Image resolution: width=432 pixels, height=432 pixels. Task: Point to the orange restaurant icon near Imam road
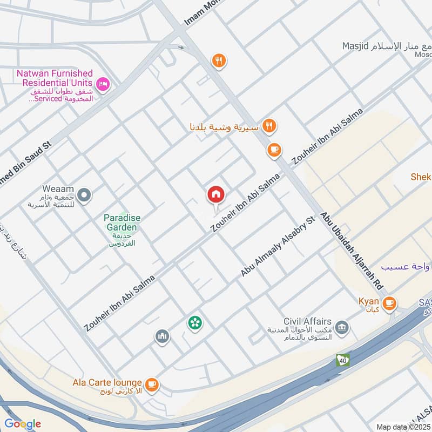tap(218, 60)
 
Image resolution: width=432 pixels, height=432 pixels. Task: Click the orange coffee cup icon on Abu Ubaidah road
tap(274, 150)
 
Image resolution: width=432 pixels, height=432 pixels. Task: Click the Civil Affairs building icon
tap(341, 327)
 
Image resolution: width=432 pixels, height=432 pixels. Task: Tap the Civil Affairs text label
tap(308, 321)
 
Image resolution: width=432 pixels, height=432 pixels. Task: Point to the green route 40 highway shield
tap(342, 360)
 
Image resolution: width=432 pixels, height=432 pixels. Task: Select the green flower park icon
tap(194, 323)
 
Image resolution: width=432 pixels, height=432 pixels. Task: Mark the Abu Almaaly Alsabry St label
tap(278, 247)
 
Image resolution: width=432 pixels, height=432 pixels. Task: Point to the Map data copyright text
tap(402, 427)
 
